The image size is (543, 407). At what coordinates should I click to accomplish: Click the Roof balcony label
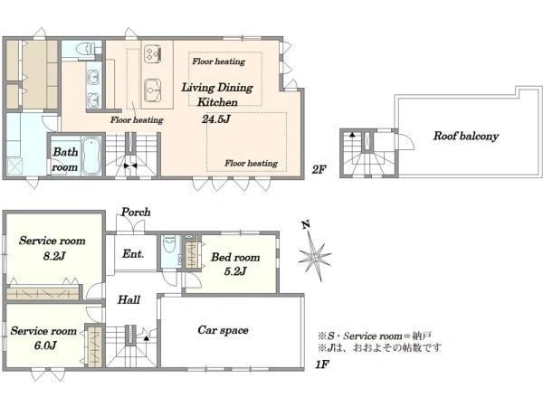click(466, 136)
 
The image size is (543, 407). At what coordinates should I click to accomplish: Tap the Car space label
click(223, 330)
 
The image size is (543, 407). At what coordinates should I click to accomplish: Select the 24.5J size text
click(216, 119)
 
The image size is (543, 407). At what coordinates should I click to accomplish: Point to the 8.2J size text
click(54, 256)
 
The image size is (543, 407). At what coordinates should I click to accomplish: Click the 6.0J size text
click(45, 345)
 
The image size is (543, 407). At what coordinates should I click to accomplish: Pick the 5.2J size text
click(235, 271)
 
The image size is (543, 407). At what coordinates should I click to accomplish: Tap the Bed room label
click(235, 257)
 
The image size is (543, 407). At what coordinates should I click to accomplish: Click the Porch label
click(136, 212)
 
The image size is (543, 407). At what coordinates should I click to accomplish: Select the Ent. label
click(133, 253)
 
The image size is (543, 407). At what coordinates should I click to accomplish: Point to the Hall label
click(129, 299)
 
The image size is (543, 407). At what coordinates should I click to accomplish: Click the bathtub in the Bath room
click(91, 156)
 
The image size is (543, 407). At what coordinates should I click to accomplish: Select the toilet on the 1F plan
click(169, 245)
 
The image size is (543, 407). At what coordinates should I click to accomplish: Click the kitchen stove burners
click(152, 53)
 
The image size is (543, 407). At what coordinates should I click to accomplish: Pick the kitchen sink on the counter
click(152, 90)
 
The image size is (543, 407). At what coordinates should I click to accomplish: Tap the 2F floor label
click(319, 170)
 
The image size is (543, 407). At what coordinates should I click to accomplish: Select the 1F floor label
click(321, 364)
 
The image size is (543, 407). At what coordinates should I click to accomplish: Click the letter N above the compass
click(305, 225)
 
